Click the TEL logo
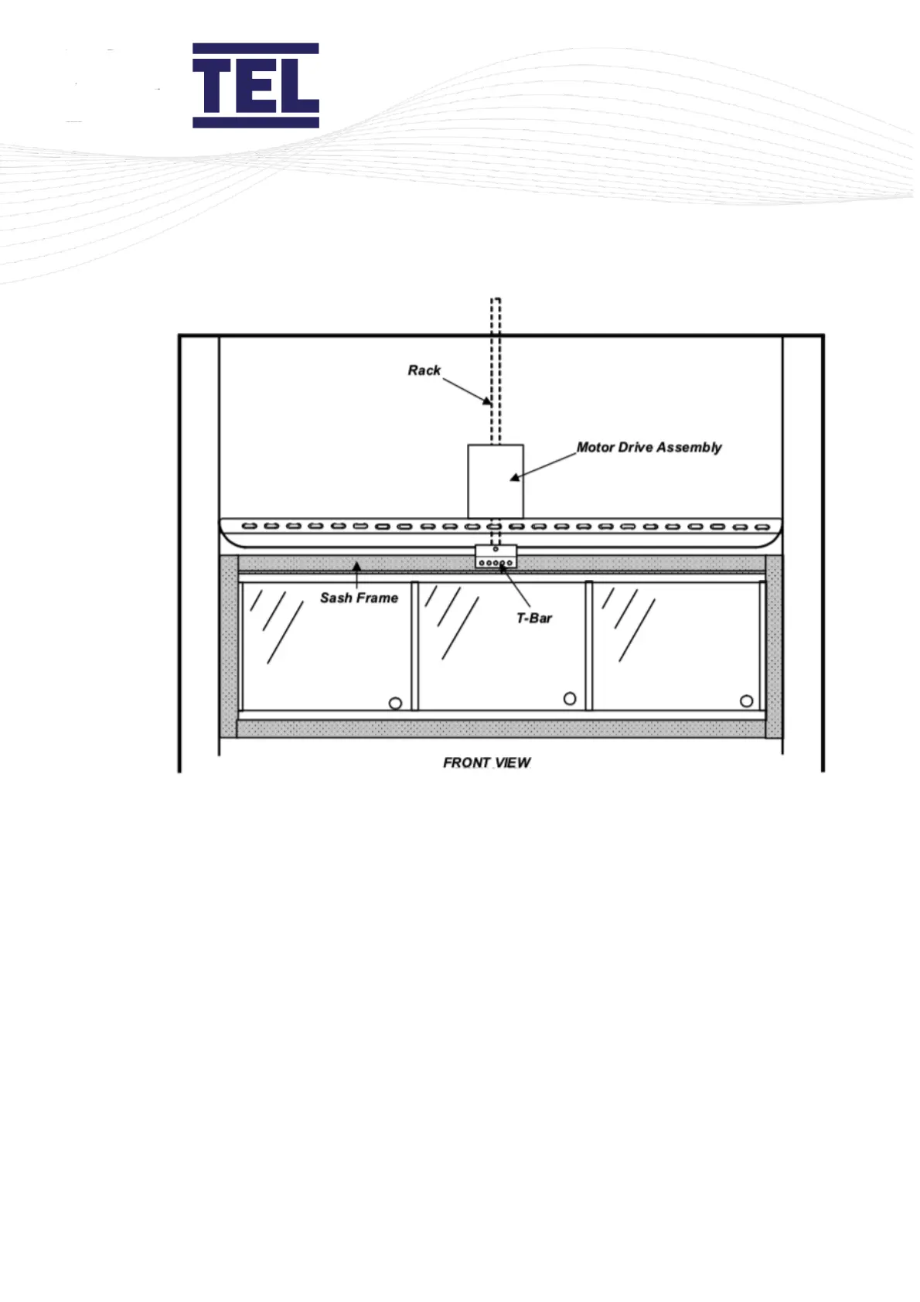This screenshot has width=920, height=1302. [255, 85]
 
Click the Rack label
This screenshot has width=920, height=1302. [424, 370]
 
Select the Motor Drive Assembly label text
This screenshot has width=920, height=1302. [649, 447]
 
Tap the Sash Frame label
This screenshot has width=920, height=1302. [359, 598]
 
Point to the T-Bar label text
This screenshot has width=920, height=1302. [534, 618]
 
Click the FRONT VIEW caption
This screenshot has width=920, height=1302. [486, 762]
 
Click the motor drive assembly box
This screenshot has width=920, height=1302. [496, 481]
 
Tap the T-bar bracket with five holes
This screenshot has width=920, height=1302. [496, 557]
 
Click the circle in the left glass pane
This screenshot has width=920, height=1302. [395, 703]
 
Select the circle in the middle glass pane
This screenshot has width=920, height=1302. [570, 698]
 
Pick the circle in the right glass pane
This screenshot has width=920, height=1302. [746, 700]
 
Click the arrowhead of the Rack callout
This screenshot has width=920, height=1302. [488, 401]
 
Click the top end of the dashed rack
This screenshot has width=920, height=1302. [496, 300]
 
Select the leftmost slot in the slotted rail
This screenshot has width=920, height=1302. [249, 527]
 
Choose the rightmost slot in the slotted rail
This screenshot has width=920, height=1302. [762, 527]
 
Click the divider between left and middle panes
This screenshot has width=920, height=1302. [414, 646]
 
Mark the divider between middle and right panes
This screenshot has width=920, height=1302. [589, 646]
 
